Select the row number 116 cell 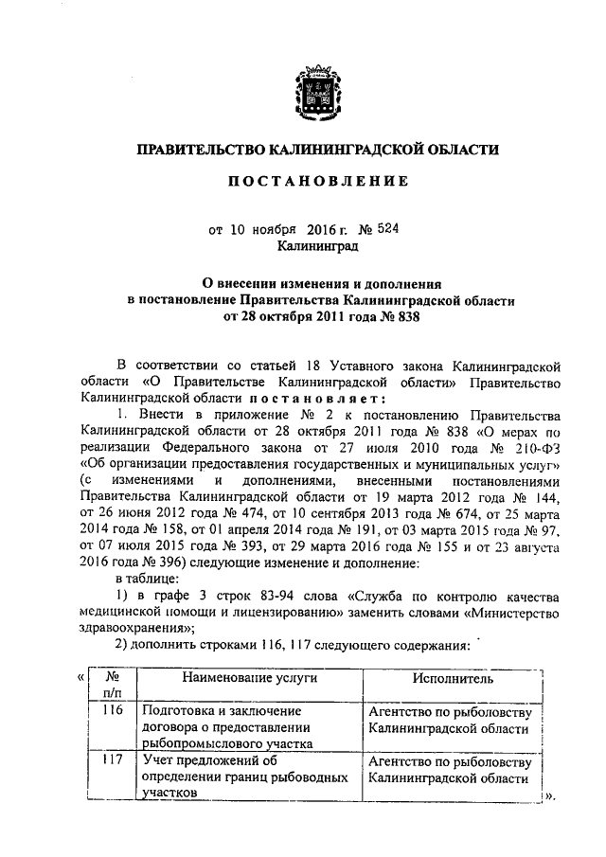tap(111, 710)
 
